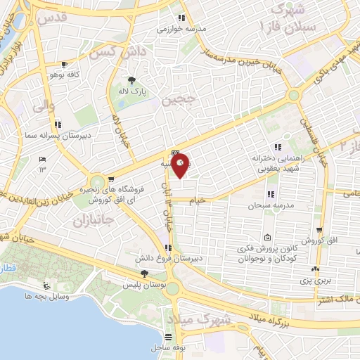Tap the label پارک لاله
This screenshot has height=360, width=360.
coord(131,91)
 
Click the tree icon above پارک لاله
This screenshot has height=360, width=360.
coord(131,79)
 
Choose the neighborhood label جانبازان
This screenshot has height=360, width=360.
coord(93,220)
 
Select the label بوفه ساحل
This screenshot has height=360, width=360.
coord(167,348)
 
